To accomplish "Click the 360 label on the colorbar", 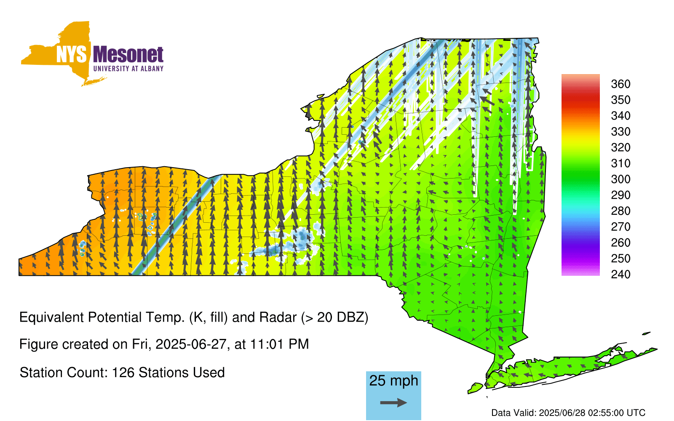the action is click(621, 84).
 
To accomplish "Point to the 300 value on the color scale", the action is click(621, 179).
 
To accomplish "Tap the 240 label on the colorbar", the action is click(621, 274).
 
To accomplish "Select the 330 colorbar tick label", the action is click(621, 131).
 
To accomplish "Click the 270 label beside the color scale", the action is click(621, 227).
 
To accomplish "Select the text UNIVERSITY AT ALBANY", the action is click(128, 69).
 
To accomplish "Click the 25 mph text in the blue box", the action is click(393, 381).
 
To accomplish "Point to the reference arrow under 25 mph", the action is click(393, 402).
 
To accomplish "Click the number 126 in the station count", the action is click(123, 373).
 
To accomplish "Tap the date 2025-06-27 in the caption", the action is click(191, 344).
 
